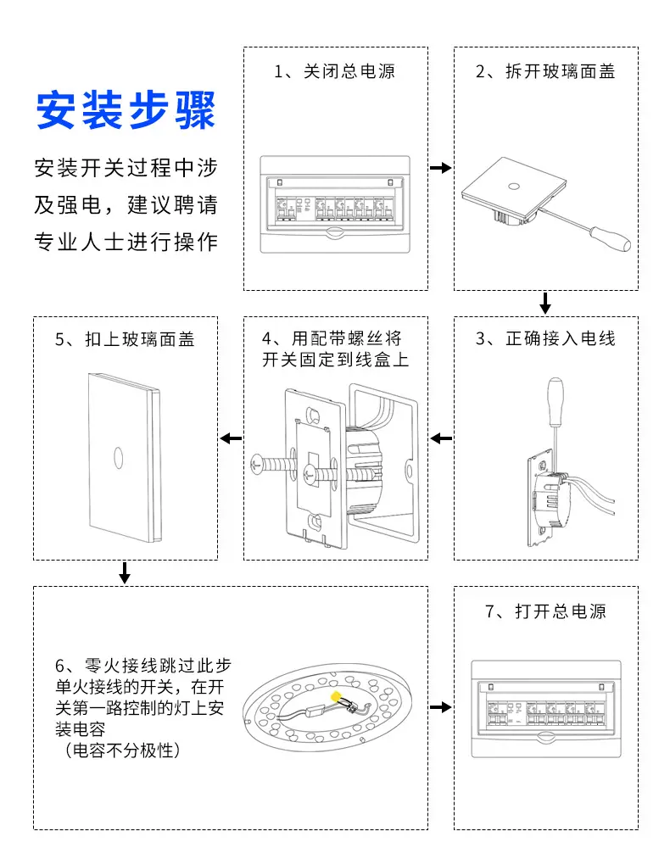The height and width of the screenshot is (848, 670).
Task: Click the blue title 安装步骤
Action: click(x=126, y=110)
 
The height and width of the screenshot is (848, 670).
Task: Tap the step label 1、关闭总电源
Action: click(x=335, y=71)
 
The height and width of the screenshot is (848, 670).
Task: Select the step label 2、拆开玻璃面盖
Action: click(x=545, y=71)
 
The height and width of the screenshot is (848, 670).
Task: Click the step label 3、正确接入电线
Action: click(x=545, y=338)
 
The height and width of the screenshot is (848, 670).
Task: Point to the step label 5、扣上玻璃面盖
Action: click(x=125, y=339)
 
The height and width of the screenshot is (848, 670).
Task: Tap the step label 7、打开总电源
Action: click(x=545, y=611)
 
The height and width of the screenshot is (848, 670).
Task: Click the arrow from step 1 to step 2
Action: click(x=441, y=168)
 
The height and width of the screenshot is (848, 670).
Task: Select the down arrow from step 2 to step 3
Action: click(x=545, y=303)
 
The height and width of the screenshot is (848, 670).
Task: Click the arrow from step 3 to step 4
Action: click(x=441, y=438)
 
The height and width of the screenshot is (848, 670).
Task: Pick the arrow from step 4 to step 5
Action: click(x=231, y=438)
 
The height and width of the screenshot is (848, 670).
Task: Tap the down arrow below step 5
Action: click(x=125, y=572)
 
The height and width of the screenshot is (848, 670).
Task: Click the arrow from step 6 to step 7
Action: click(x=441, y=707)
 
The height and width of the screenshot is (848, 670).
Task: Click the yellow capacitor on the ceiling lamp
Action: click(x=336, y=696)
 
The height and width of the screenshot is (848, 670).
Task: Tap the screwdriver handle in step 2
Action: click(x=611, y=239)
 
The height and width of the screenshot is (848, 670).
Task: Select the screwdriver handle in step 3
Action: click(x=556, y=402)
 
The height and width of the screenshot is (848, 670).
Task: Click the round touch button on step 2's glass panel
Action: click(x=514, y=187)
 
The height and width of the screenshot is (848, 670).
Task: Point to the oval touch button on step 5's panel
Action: click(x=119, y=458)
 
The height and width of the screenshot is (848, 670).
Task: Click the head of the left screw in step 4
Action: click(x=256, y=464)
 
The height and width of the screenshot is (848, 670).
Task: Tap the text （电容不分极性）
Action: click(x=122, y=750)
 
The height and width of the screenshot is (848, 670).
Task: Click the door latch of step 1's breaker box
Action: click(x=335, y=233)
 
